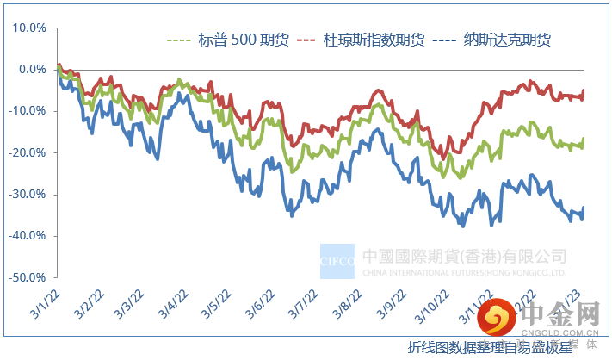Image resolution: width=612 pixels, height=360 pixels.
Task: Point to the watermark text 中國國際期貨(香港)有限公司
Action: click(464, 256)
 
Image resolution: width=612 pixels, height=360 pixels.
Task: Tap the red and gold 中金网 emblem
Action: click(498, 320)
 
